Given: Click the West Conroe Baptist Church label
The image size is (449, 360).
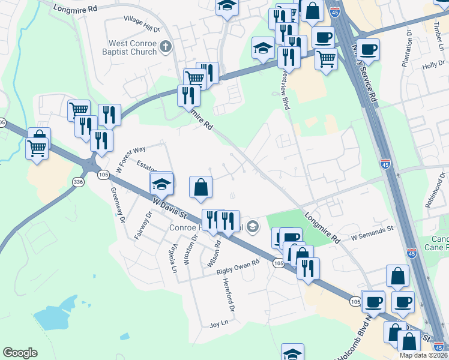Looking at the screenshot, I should pos(132,47).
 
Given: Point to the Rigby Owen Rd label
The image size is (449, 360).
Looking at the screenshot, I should pos(238,266).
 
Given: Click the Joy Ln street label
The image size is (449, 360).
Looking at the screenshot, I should pos(219,324).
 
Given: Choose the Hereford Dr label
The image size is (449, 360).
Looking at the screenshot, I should pos(229,295).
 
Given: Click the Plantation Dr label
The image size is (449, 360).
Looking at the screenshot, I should pos(406,49).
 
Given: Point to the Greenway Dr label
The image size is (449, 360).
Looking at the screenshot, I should pos(116,205).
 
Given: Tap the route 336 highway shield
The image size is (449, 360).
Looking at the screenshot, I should pos(78,182).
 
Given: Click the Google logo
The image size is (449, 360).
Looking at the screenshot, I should pos(20,353).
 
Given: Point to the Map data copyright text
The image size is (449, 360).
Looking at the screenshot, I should pos(423,355).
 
